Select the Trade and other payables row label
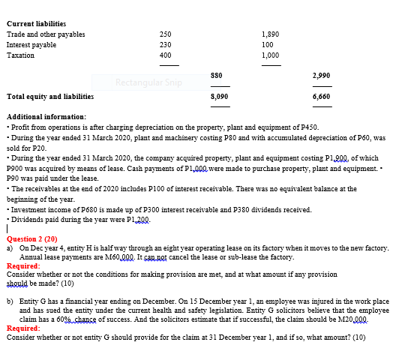point(46,34)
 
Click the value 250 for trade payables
point(165,34)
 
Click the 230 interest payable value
point(165,44)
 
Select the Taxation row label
point(21,55)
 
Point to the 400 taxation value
point(165,55)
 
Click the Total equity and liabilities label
point(50,97)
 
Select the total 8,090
point(218,97)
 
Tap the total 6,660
point(322,97)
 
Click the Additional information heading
point(46,118)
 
